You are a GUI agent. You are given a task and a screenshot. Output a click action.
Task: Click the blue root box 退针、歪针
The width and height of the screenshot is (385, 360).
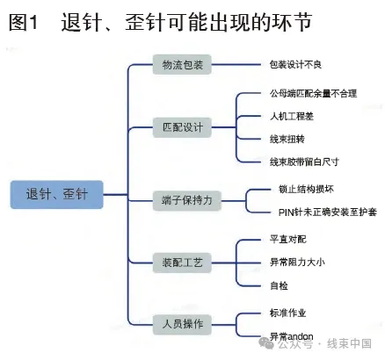(x=57, y=195)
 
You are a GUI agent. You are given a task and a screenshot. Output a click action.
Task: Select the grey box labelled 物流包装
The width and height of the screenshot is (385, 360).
(x=182, y=64)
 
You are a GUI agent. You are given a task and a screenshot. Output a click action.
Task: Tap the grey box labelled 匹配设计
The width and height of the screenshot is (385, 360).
(x=182, y=127)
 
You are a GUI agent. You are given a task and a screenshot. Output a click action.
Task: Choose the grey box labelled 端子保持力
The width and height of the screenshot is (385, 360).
(x=187, y=201)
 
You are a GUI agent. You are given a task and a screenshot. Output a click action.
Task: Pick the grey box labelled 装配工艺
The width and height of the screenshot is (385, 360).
(x=182, y=263)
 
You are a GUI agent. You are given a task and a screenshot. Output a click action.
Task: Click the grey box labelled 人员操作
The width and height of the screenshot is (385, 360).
(x=182, y=324)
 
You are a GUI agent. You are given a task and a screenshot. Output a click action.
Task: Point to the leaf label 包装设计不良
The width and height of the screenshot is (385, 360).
(x=295, y=64)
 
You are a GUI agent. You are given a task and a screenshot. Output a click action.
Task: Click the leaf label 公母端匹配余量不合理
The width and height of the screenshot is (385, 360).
(x=313, y=94)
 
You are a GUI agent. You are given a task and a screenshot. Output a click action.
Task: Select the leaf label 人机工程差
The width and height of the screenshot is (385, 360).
(x=292, y=116)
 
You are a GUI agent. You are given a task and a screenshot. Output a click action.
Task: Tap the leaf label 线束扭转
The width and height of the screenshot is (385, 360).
(x=287, y=139)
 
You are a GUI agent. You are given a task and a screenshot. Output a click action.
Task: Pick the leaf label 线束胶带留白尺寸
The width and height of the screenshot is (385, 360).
(x=304, y=162)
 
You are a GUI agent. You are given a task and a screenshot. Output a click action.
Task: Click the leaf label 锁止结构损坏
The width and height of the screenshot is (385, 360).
(x=306, y=189)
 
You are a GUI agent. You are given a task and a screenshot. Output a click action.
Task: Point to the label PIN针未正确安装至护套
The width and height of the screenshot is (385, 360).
(x=328, y=212)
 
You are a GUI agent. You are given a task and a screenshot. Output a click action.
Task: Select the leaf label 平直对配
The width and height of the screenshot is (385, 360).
(x=288, y=240)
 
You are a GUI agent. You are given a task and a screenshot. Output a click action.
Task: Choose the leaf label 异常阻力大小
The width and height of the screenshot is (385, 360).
(x=297, y=262)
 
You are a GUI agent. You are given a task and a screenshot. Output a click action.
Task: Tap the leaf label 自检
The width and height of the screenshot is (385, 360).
(x=279, y=285)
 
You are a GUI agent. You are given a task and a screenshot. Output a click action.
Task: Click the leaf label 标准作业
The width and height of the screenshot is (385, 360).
(x=287, y=313)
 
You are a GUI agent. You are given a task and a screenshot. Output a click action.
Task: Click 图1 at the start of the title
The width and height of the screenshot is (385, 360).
(x=24, y=22)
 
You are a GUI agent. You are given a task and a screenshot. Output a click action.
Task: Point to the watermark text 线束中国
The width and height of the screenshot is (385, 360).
(x=349, y=343)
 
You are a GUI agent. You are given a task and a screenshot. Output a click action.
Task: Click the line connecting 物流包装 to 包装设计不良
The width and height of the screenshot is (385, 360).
(x=236, y=64)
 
